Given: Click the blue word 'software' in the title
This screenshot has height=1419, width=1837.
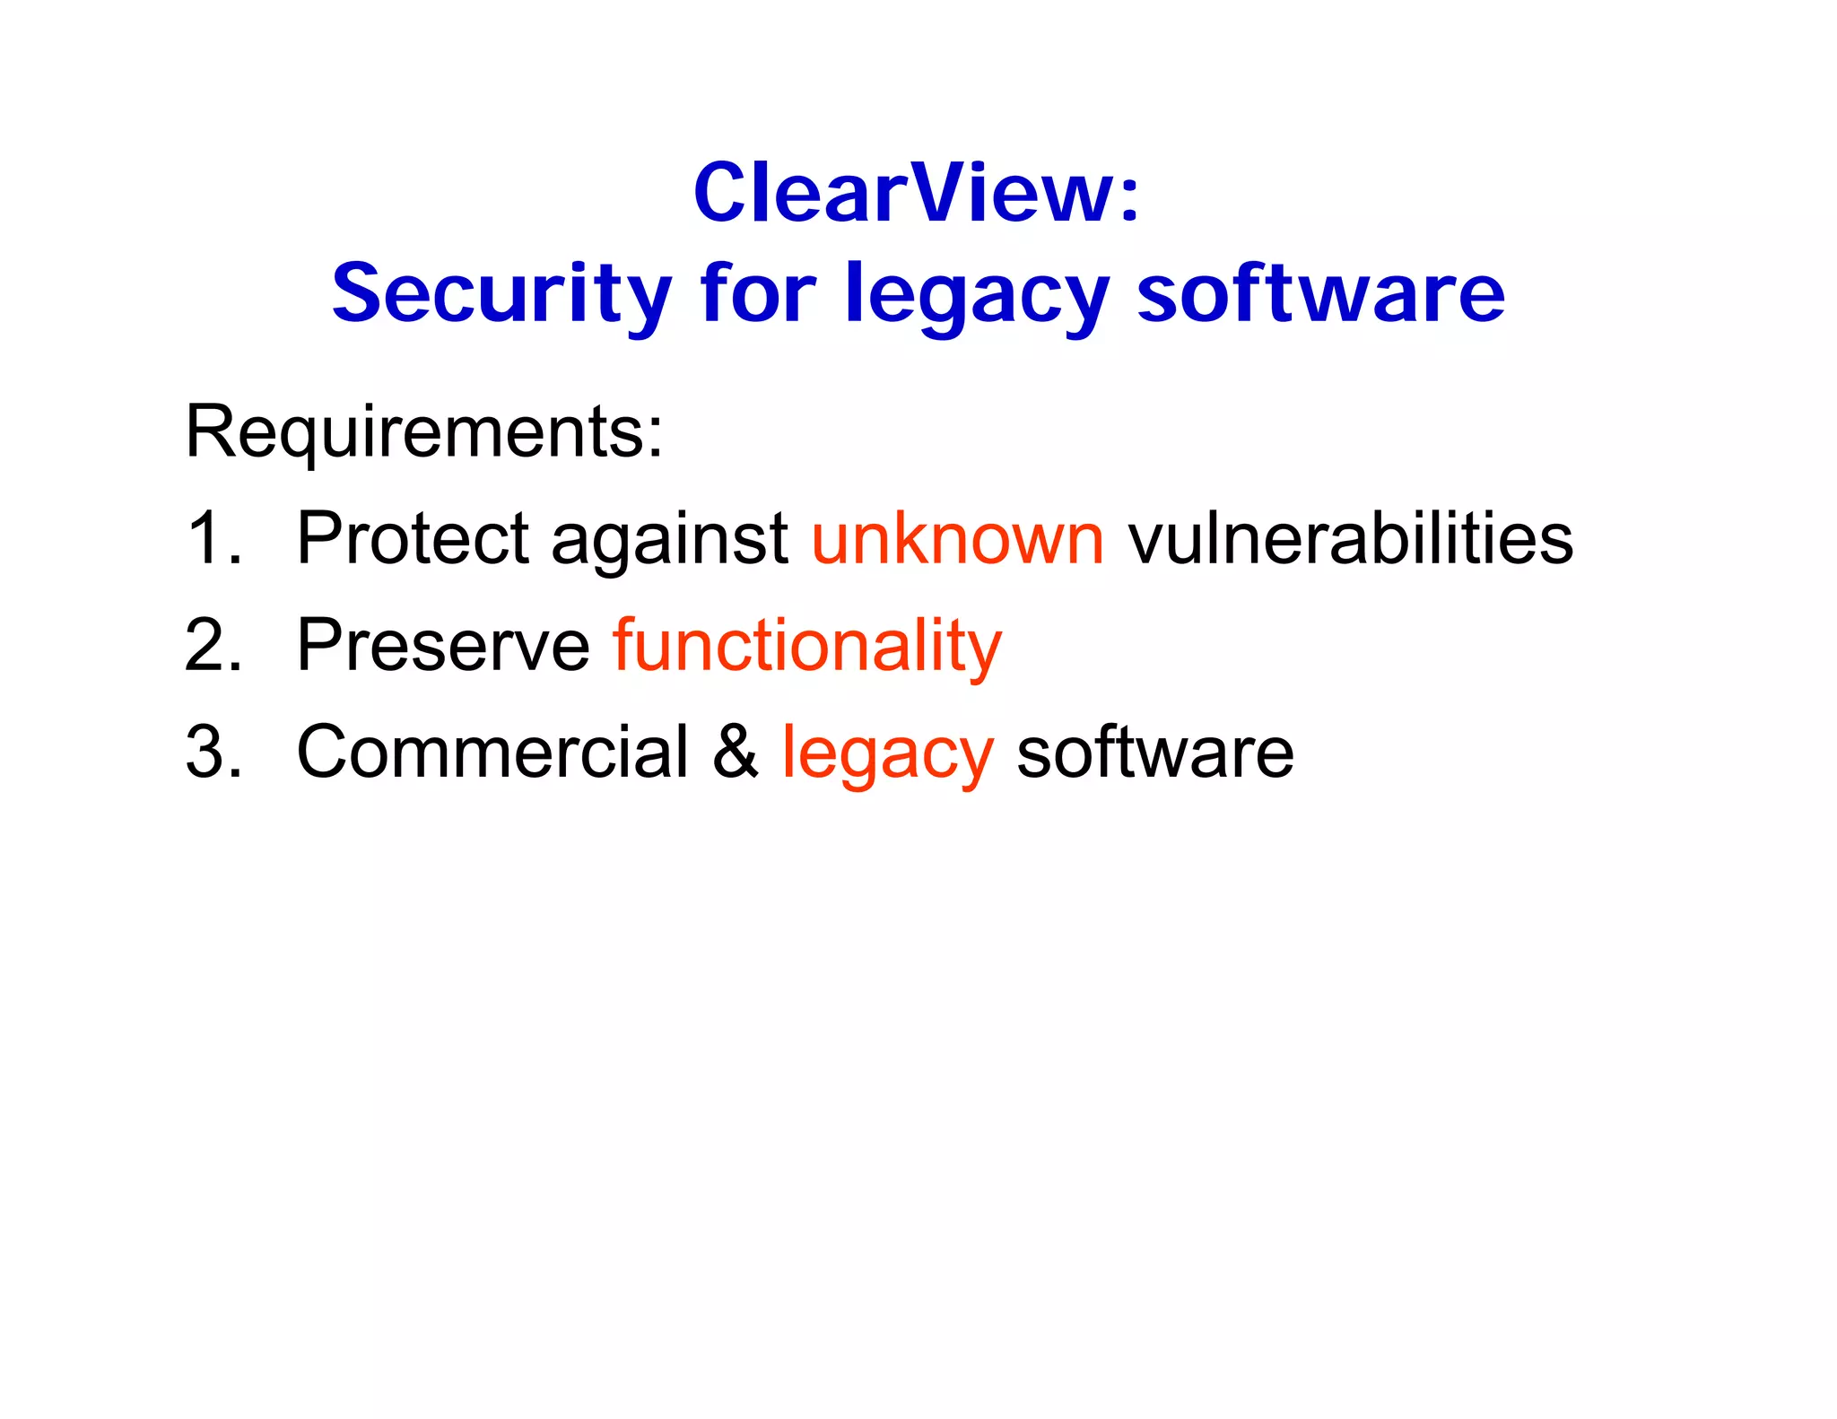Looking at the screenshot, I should pyautogui.click(x=1321, y=293).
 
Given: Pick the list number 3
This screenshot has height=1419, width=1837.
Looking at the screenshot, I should pyautogui.click(x=213, y=751).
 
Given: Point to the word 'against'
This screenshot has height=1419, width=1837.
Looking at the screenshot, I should pyautogui.click(x=669, y=541).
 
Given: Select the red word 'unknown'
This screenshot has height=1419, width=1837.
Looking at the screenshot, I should pyautogui.click(x=957, y=538).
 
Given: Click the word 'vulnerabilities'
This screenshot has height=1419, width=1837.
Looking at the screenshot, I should pyautogui.click(x=1350, y=538).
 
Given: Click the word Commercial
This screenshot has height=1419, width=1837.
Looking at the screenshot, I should pyautogui.click(x=492, y=751).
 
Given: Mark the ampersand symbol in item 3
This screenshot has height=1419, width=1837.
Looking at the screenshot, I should pyautogui.click(x=736, y=751).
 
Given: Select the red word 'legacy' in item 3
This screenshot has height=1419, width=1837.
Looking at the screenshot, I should pyautogui.click(x=887, y=754).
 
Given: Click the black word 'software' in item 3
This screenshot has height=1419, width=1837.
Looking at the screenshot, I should pyautogui.click(x=1155, y=751).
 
